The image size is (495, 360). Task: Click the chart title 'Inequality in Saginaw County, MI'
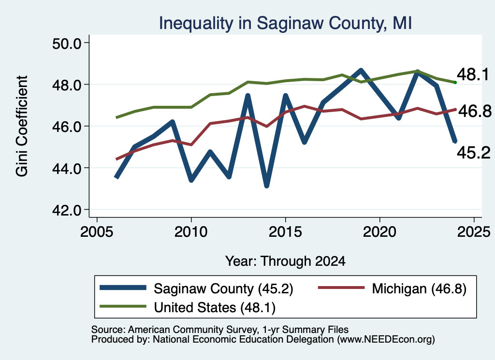[x=285, y=23]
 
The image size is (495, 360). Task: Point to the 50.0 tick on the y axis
[x=67, y=43]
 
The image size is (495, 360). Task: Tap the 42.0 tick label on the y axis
[x=67, y=210]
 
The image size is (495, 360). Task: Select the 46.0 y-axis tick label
[x=67, y=127]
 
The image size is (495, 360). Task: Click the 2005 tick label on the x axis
[x=97, y=232]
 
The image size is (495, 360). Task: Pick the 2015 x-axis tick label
[x=285, y=232]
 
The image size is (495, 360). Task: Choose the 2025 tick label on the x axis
[x=474, y=232]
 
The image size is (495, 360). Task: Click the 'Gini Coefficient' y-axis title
[x=22, y=126]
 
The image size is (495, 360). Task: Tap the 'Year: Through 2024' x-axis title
[x=285, y=261]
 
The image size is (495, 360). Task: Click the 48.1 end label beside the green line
[x=473, y=74]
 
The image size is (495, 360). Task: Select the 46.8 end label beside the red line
[x=475, y=111]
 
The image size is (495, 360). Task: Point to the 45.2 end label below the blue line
[x=474, y=153]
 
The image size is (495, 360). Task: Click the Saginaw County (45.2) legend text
[x=223, y=288]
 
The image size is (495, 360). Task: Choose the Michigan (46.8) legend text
[x=419, y=288]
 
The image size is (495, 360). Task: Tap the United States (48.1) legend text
[x=215, y=308]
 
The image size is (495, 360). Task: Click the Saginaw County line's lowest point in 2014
[x=267, y=186]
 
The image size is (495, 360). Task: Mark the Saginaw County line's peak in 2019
[x=361, y=70]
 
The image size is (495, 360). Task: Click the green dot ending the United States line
[x=455, y=82]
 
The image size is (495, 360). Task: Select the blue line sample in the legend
[x=123, y=288]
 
